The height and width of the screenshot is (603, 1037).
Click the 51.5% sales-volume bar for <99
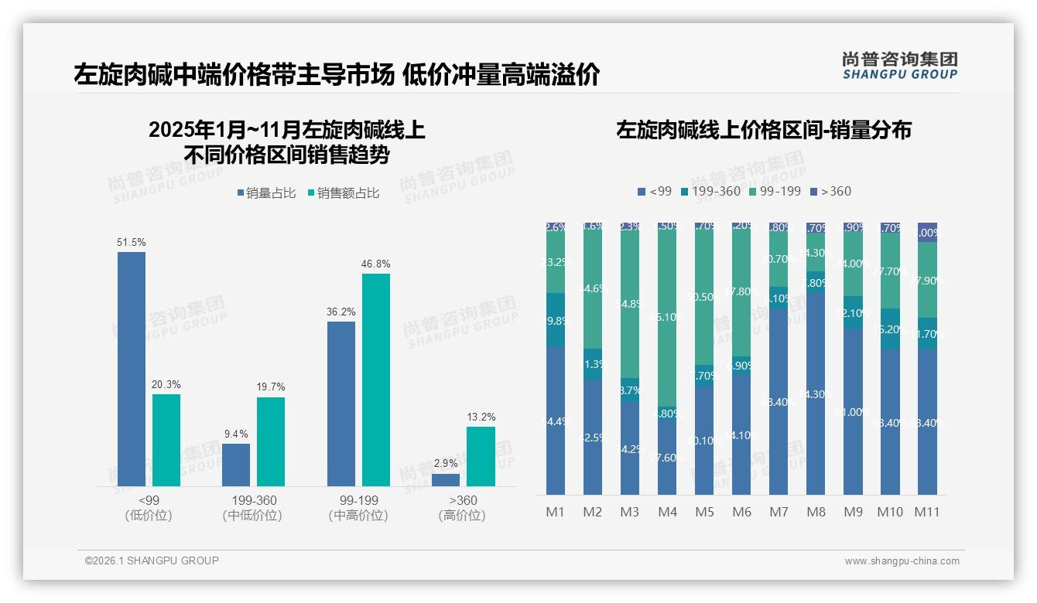(x=132, y=369)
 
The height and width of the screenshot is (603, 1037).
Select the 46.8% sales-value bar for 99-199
(x=376, y=380)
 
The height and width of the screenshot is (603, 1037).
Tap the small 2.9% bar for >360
(x=446, y=480)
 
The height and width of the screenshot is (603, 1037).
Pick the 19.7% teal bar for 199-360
(x=271, y=441)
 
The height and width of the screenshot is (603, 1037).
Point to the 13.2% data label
(x=481, y=417)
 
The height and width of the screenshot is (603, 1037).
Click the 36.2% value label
(x=341, y=312)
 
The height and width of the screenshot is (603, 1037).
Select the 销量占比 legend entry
(x=266, y=193)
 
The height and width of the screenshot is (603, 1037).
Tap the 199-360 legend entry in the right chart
(x=710, y=192)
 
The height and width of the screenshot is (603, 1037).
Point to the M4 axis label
(x=667, y=512)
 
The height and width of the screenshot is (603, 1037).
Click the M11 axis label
(x=927, y=512)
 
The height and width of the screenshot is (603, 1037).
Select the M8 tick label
(x=816, y=512)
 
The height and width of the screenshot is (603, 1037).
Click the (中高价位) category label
(x=358, y=516)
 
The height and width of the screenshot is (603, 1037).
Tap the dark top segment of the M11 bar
(x=927, y=232)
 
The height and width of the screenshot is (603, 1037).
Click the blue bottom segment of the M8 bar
(x=816, y=394)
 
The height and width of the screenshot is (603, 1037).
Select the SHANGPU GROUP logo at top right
(x=900, y=66)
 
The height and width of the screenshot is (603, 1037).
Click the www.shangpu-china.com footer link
(x=902, y=561)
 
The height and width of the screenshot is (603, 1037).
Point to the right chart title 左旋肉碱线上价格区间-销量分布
(x=763, y=130)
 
